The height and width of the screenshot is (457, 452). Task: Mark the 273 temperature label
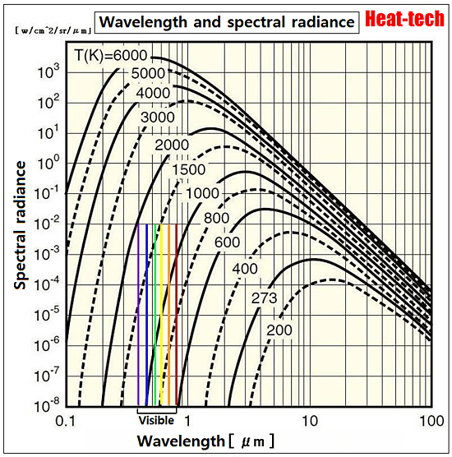pos(266,298)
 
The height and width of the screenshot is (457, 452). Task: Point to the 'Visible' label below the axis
pos(156,421)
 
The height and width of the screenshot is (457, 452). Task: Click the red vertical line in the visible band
pos(176,312)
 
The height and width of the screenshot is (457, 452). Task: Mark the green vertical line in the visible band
pos(155,312)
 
